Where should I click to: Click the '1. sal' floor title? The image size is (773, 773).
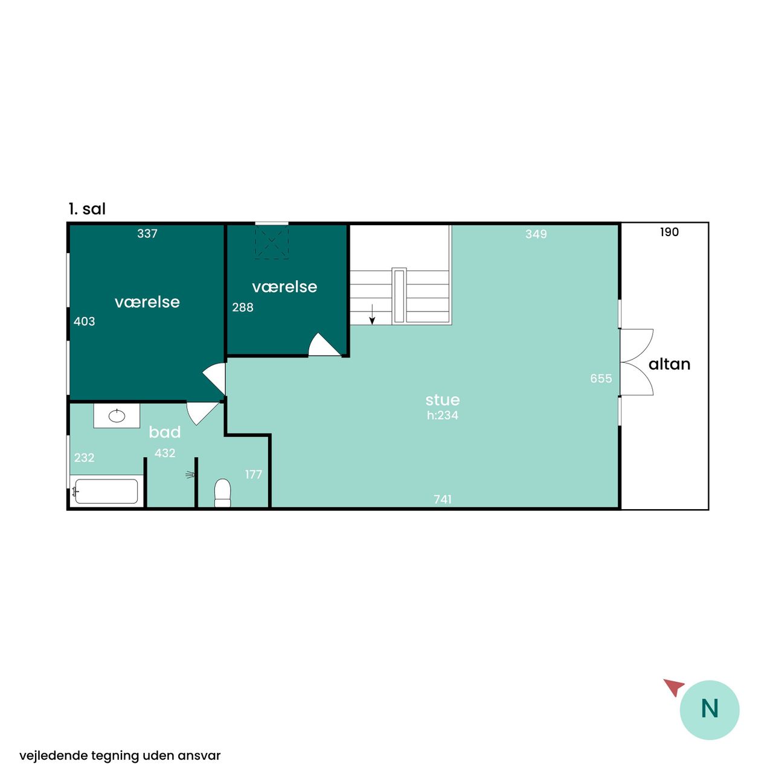pos(87,209)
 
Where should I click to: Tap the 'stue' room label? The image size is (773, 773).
pos(443,400)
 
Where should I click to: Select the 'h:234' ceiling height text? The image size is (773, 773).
pos(443,415)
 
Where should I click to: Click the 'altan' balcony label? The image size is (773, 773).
pos(670,364)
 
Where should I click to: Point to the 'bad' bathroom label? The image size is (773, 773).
pos(164,432)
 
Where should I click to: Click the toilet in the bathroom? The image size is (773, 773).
pos(223,493)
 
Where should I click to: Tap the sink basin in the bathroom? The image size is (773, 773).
pos(117,415)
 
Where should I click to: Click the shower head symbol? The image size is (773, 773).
pos(190,475)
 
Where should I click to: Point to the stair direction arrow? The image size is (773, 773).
pos(372,315)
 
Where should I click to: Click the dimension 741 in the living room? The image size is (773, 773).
pos(443,499)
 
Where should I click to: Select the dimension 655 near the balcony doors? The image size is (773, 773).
pos(601,378)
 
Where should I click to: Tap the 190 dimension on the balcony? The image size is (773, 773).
pos(669,232)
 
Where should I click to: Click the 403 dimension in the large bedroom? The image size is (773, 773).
pos(84,321)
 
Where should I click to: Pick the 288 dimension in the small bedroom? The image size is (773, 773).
pos(243,307)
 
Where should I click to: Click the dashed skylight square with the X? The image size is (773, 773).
pos(272,242)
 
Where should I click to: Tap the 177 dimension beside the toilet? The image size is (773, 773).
pos(254,475)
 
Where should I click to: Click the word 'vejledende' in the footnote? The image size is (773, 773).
pos(53,755)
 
